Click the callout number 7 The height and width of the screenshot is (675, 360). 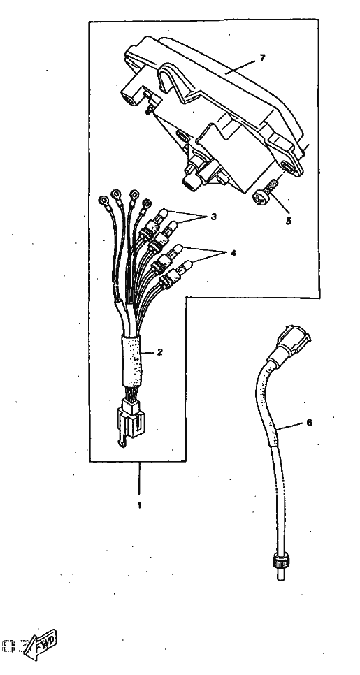[263, 59]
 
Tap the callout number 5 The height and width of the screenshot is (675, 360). [289, 221]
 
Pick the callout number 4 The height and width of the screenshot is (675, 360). [233, 254]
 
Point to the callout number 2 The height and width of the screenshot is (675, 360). [160, 352]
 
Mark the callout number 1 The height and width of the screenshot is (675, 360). [139, 505]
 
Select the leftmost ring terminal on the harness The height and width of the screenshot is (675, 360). [103, 200]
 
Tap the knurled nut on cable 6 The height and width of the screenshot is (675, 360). [279, 562]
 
